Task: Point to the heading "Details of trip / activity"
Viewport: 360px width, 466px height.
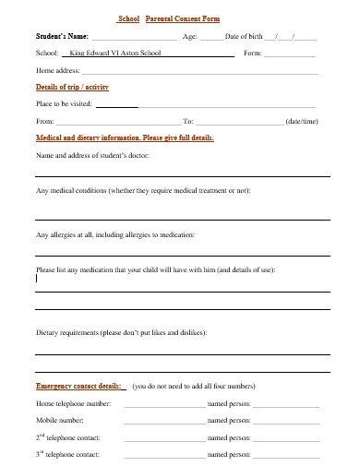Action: tap(73, 86)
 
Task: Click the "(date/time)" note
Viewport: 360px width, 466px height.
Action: tap(303, 121)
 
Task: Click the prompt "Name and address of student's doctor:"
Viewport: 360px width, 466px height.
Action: tap(92, 155)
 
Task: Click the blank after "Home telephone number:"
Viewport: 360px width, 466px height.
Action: tap(164, 405)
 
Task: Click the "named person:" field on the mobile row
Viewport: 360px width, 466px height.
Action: tap(285, 420)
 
